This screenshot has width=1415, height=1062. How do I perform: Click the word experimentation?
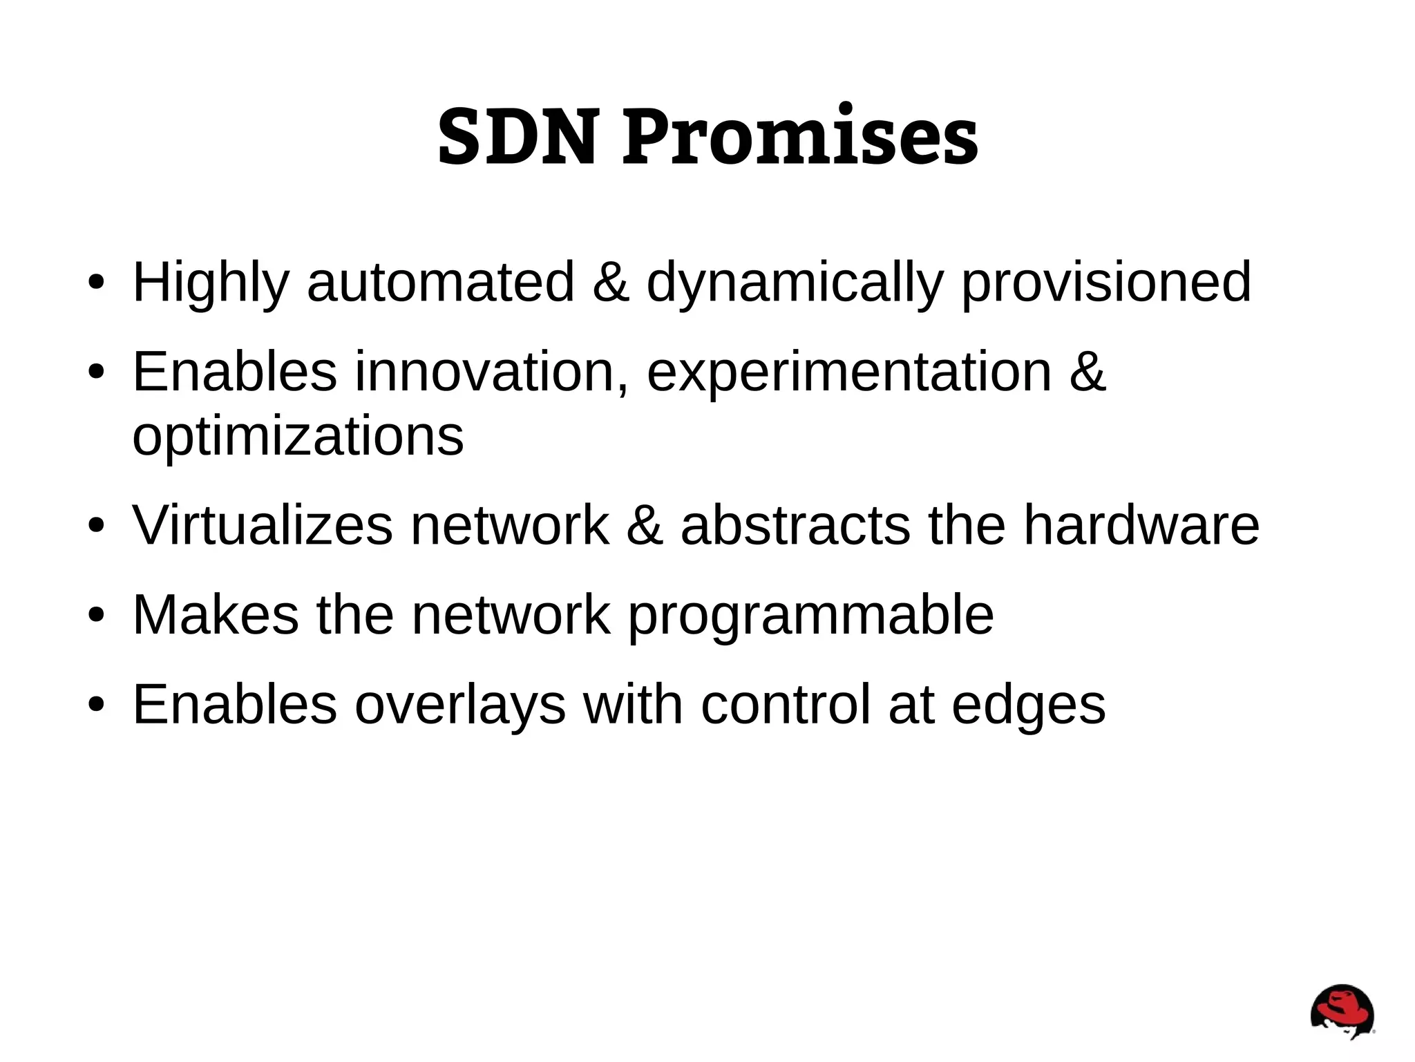pos(848,372)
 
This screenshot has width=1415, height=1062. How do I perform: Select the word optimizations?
pos(298,436)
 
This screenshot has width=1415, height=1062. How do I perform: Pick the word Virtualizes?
pos(263,525)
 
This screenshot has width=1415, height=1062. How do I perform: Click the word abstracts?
pos(795,525)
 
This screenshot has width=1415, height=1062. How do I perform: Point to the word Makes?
pos(216,614)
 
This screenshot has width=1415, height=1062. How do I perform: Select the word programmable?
pos(810,614)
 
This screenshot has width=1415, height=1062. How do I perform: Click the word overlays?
pos(460,704)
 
